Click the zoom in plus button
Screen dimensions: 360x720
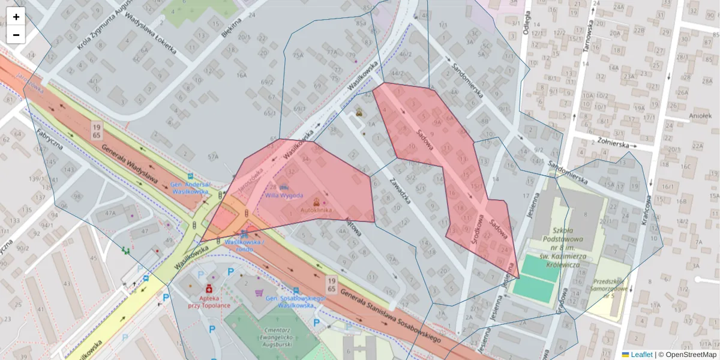16,17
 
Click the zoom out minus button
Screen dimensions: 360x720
16,35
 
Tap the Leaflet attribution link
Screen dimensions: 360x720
641,355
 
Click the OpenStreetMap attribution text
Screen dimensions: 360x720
691,355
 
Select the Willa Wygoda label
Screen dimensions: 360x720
284,196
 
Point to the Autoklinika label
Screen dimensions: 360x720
316,211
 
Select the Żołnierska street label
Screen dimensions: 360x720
608,144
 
